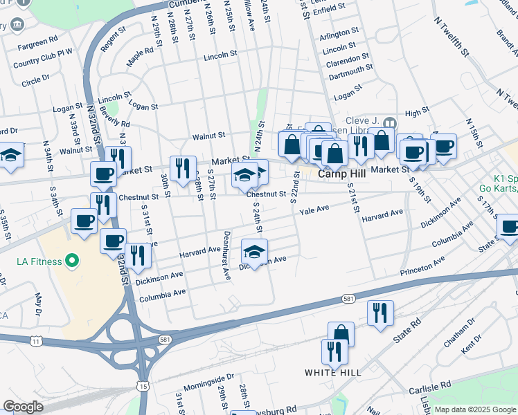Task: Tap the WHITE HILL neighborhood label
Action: tap(333, 372)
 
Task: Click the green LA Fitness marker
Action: tap(71, 261)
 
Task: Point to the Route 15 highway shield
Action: tap(141, 385)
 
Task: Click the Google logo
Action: tap(23, 407)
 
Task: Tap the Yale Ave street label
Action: tap(314, 210)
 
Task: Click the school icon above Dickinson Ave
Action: tap(254, 252)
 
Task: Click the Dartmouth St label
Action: tap(350, 71)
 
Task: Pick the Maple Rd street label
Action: tap(139, 55)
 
